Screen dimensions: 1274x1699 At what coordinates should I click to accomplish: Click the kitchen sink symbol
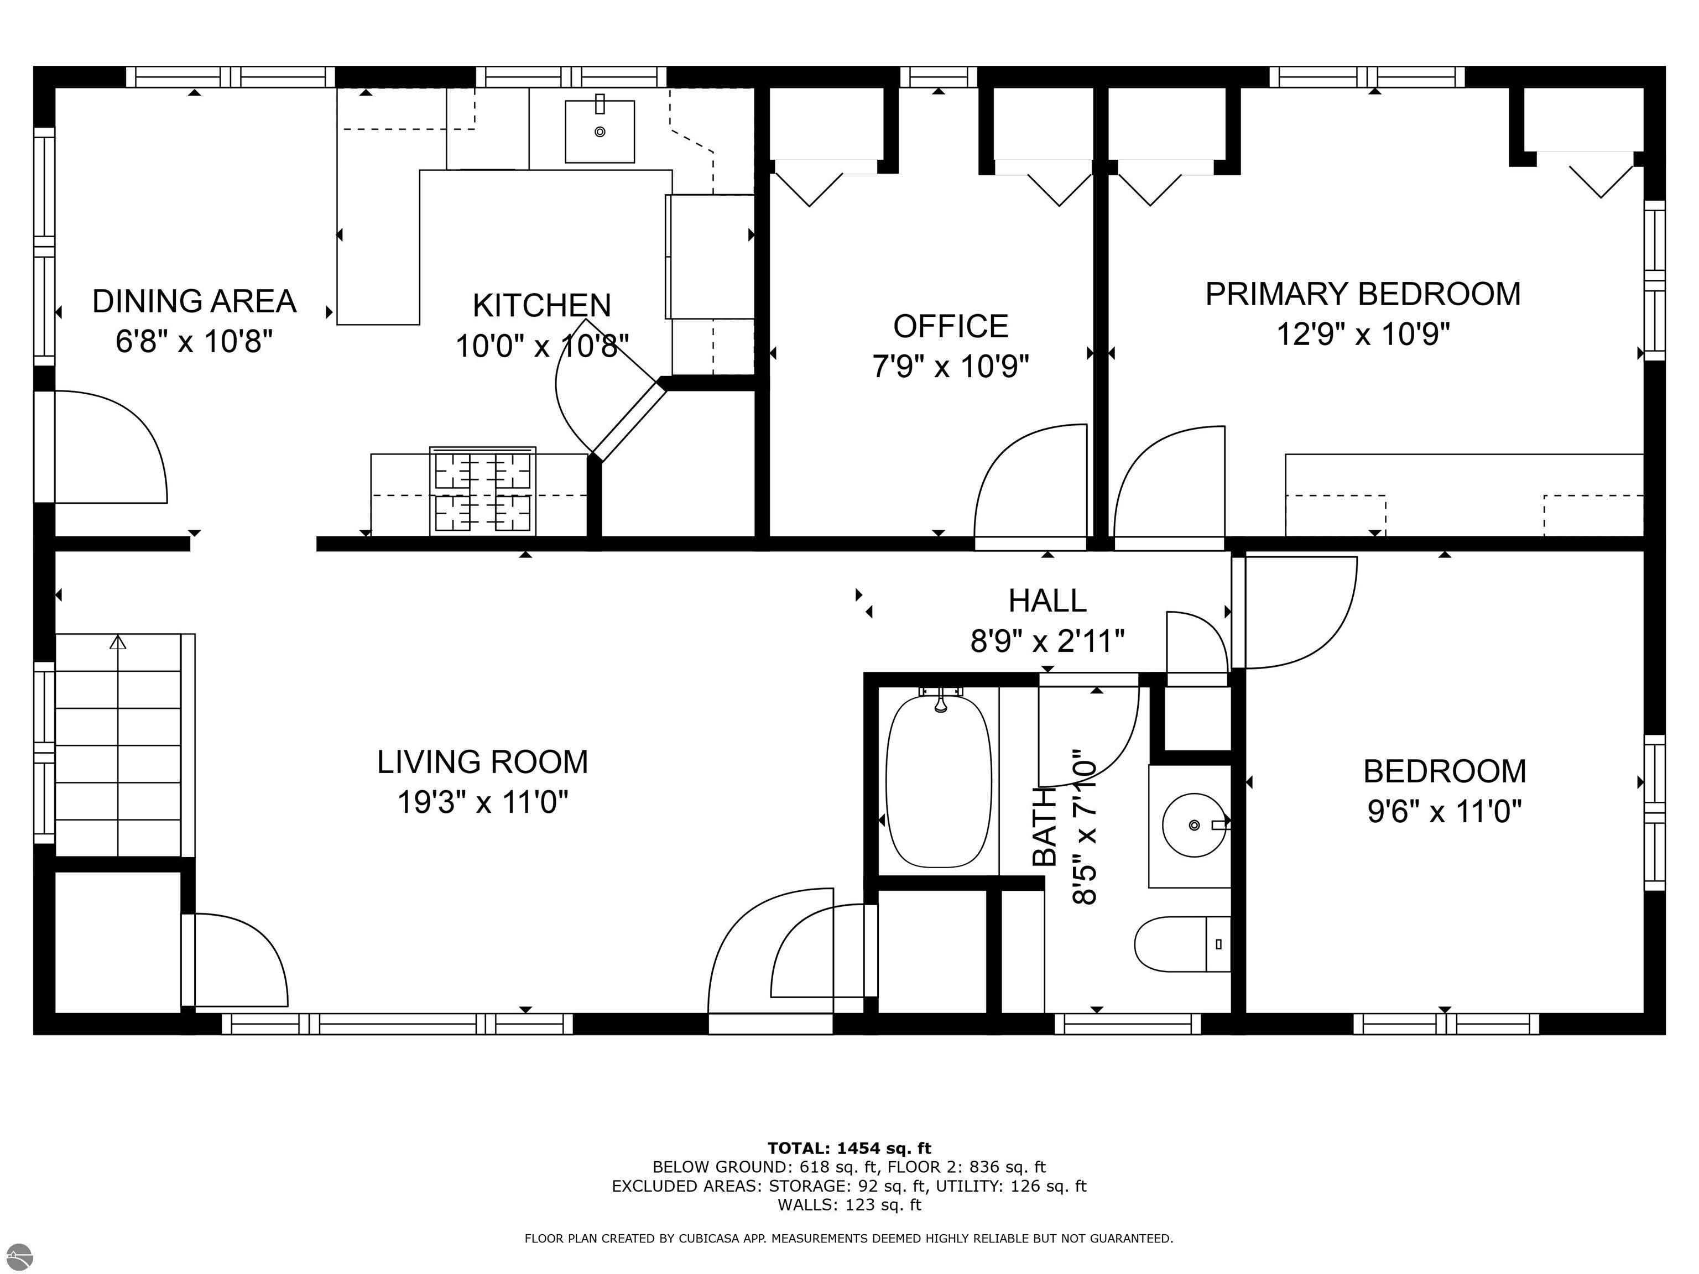600,131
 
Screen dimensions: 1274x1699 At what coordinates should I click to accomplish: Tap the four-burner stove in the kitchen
482,490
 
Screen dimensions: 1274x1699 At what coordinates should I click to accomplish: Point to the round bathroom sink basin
1194,825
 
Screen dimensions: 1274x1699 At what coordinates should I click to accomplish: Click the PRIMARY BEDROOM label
1363,294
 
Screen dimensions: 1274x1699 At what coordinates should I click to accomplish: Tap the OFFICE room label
950,326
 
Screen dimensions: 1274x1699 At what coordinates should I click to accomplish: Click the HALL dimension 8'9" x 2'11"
1047,640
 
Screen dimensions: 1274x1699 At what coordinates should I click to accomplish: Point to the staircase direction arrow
117,642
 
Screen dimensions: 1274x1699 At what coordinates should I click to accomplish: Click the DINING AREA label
194,301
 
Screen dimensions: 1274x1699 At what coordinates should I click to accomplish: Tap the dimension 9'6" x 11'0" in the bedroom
1444,811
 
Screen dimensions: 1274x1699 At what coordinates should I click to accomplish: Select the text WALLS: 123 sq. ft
849,1205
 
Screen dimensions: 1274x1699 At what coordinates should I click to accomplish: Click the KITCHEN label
541,306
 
